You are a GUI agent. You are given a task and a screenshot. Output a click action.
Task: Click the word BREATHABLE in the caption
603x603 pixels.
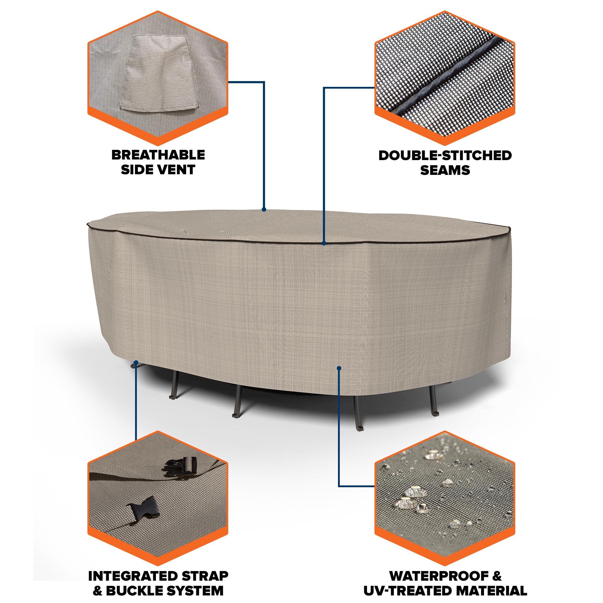pyautogui.click(x=158, y=155)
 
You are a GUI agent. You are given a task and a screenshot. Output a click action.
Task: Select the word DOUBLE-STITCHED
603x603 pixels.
pyautogui.click(x=445, y=156)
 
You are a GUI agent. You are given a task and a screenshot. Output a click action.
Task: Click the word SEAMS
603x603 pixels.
pyautogui.click(x=445, y=170)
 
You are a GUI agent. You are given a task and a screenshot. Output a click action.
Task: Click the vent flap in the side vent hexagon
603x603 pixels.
pyautogui.click(x=159, y=73)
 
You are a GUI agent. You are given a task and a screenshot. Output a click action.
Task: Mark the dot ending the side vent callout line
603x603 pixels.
pyautogui.click(x=264, y=210)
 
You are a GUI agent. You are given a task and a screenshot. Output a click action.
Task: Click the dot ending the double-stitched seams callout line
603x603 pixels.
pyautogui.click(x=324, y=243)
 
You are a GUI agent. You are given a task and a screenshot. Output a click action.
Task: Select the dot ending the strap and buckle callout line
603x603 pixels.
pyautogui.click(x=136, y=362)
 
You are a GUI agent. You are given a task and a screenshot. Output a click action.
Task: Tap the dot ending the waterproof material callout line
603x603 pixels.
pyautogui.click(x=339, y=368)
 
